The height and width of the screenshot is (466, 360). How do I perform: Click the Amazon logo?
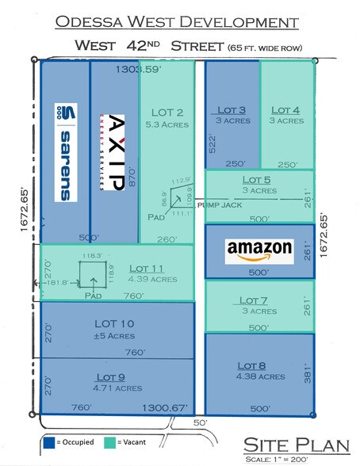260,251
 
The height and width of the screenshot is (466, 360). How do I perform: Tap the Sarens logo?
65,151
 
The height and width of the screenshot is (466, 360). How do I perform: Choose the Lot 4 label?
285,110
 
